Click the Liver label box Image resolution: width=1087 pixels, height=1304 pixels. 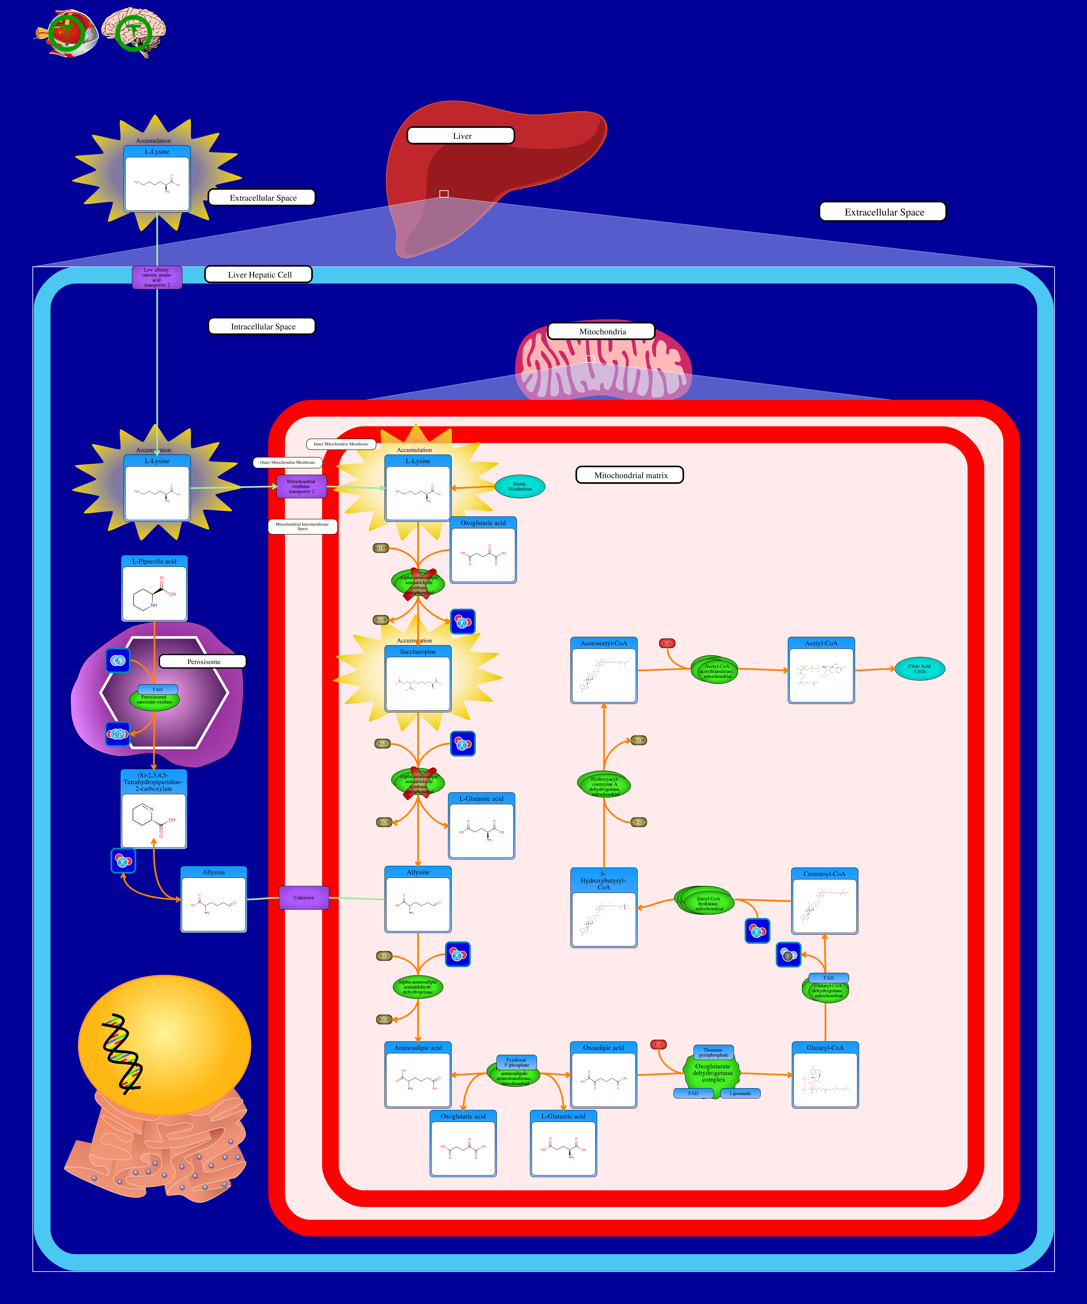click(x=460, y=135)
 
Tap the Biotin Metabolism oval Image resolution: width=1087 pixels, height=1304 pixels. click(x=520, y=486)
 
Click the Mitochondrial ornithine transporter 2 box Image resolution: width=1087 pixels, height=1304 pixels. click(x=301, y=486)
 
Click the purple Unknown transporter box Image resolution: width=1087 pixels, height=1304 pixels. click(x=304, y=897)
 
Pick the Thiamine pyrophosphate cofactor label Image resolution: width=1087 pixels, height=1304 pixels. click(x=713, y=1052)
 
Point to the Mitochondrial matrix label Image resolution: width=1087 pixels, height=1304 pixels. click(x=630, y=475)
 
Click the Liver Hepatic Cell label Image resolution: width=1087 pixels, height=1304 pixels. click(x=258, y=275)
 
